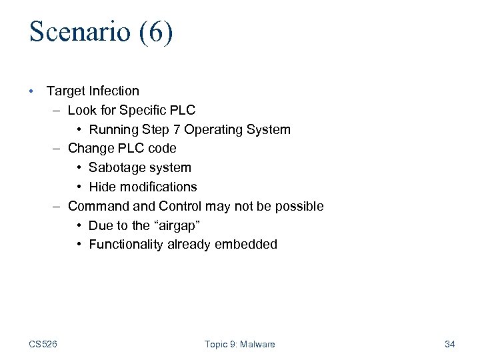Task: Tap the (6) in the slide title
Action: (156, 33)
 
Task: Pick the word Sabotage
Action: (115, 167)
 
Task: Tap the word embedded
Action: (246, 245)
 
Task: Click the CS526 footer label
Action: (43, 344)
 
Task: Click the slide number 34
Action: (449, 344)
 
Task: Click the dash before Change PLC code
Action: (59, 148)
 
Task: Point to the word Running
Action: (112, 129)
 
